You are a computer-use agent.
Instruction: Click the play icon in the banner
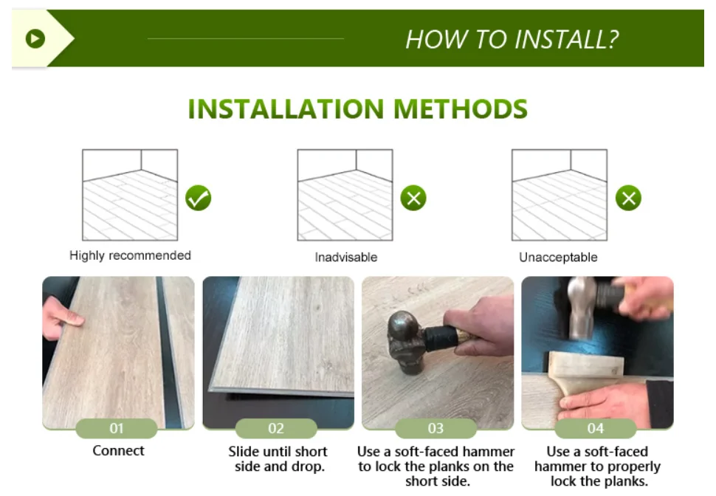(35, 38)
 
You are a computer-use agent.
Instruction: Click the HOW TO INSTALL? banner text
(512, 39)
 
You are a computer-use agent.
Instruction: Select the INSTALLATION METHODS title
(358, 108)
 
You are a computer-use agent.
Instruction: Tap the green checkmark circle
(198, 198)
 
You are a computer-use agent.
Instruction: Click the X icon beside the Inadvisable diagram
(413, 198)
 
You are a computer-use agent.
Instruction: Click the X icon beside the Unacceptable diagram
(628, 198)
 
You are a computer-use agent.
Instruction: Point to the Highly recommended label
(130, 255)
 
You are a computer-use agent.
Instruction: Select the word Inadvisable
(345, 257)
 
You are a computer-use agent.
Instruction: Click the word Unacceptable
(558, 257)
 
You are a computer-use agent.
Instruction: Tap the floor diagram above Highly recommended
(130, 195)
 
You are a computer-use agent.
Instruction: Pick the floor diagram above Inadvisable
(345, 195)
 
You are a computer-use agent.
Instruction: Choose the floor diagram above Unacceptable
(559, 195)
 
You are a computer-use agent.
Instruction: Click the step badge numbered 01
(117, 428)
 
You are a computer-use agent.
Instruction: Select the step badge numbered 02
(276, 428)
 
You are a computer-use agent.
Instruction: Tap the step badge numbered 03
(436, 428)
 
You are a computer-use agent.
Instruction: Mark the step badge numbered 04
(595, 428)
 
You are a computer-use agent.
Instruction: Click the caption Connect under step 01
(118, 450)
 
